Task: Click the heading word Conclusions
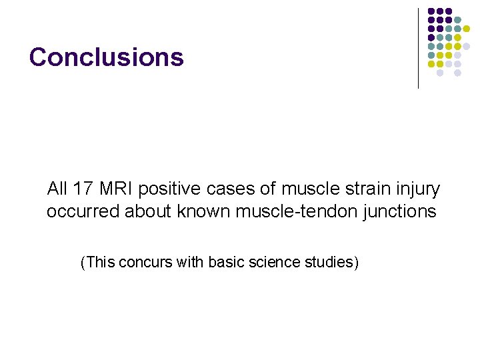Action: (x=107, y=57)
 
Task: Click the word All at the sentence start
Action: (x=57, y=189)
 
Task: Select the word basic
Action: (x=223, y=263)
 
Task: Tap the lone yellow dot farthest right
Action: (x=467, y=29)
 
